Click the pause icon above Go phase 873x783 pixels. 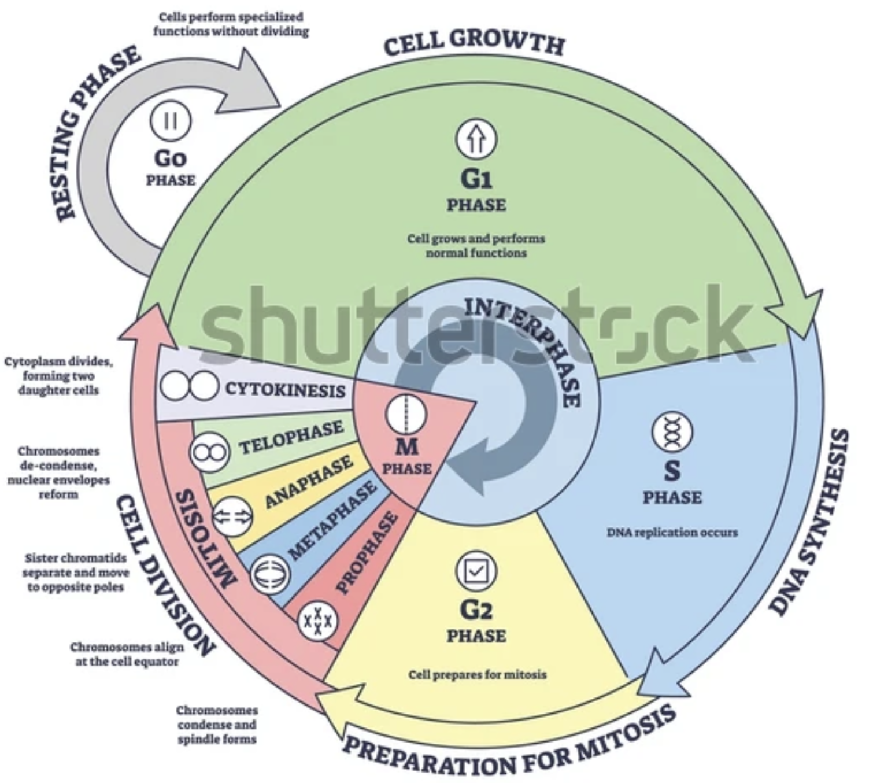171,121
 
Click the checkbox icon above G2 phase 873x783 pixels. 476,571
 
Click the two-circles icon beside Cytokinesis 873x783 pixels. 189,386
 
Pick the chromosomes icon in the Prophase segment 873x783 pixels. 318,621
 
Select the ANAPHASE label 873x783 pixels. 309,482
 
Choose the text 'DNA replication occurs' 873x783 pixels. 672,532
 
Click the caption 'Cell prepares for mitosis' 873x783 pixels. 477,675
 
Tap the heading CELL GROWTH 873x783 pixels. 474,42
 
